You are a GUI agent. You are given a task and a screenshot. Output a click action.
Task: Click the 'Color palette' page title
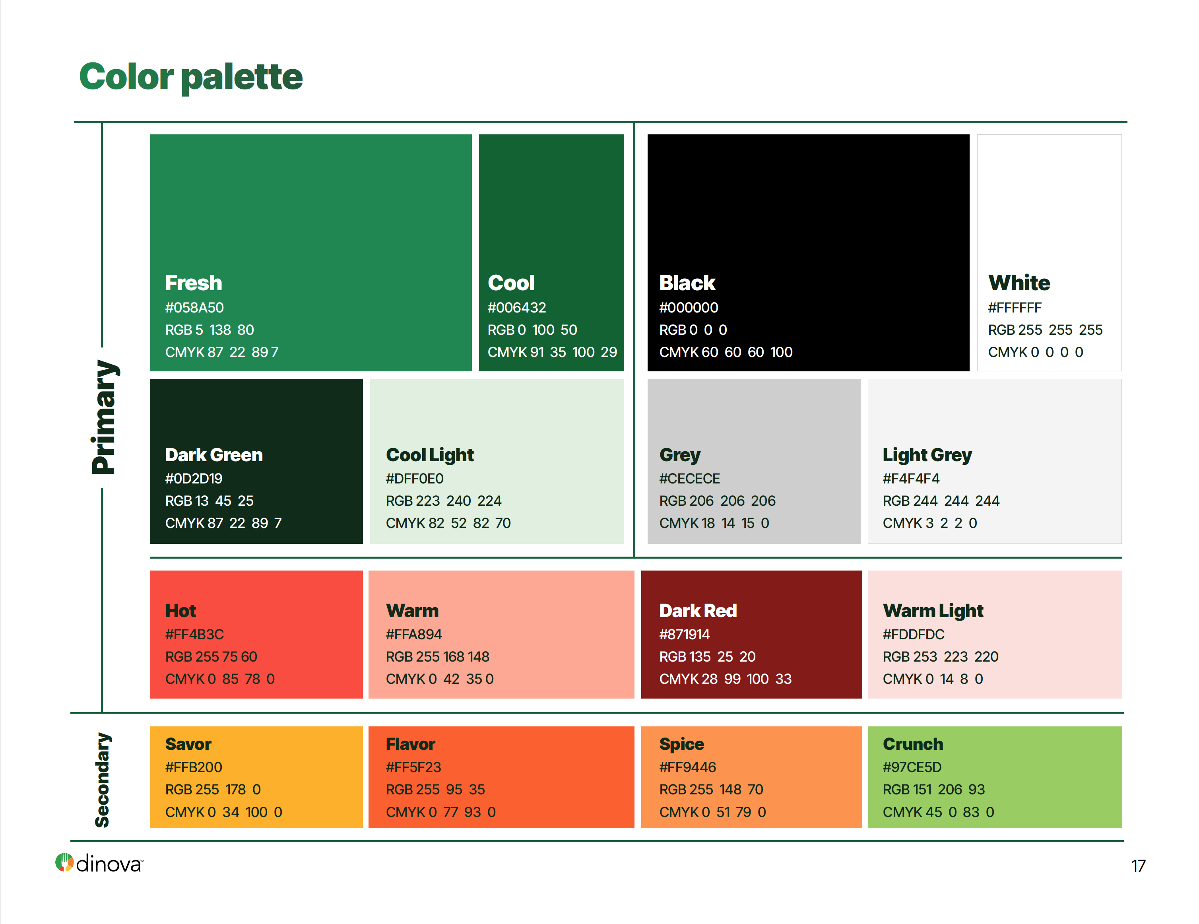[191, 76]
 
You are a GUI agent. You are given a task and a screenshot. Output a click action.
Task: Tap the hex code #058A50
[194, 307]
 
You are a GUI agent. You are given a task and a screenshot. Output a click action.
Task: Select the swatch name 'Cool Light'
[430, 455]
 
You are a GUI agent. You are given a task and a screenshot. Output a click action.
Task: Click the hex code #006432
[516, 307]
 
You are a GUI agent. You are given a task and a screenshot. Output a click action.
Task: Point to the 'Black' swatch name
[687, 283]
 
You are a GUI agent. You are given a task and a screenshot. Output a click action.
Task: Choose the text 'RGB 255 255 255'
[1045, 330]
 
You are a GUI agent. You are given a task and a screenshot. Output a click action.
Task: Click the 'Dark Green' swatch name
[214, 455]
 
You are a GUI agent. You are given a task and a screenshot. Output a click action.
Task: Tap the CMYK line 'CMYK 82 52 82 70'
[448, 523]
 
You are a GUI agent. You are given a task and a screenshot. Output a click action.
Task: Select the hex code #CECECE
[689, 479]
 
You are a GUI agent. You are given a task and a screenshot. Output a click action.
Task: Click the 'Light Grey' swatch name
[927, 455]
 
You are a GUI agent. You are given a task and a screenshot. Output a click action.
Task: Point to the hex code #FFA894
[414, 635]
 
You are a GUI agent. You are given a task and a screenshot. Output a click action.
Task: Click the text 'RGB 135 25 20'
[707, 657]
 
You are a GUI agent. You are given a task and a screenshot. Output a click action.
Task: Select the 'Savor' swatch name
[188, 744]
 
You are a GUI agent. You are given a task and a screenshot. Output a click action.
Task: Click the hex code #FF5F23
[413, 767]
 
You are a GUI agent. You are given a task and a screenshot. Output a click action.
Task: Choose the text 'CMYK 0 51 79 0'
[712, 812]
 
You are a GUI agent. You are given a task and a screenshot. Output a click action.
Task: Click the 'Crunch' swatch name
[913, 744]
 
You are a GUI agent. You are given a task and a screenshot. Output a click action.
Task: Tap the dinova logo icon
[64, 862]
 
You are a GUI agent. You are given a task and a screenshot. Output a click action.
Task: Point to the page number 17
[1138, 866]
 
